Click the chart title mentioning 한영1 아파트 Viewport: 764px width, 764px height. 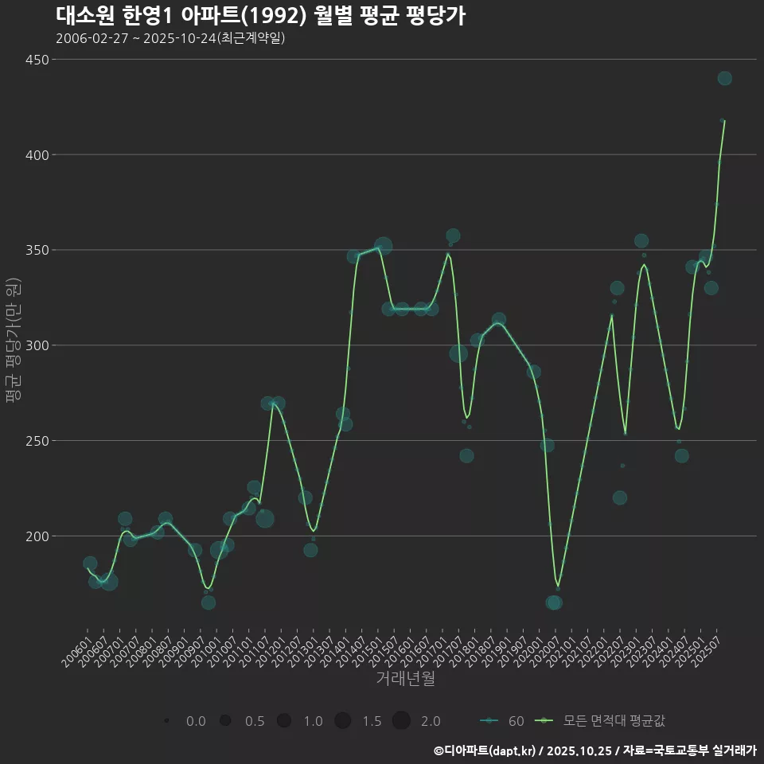tap(260, 15)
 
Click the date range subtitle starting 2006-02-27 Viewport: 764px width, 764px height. tap(170, 38)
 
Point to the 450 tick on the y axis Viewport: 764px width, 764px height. tap(36, 60)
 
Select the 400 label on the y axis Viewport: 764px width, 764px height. tap(36, 155)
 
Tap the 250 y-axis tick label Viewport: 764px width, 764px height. tap(36, 441)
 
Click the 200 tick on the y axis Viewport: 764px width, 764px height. tap(36, 536)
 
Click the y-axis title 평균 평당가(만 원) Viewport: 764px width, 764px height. tap(12, 342)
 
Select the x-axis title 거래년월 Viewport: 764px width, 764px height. tap(405, 679)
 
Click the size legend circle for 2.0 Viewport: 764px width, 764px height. tap(400, 721)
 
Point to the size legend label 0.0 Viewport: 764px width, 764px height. tap(196, 721)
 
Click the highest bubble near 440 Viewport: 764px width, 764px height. tap(724, 78)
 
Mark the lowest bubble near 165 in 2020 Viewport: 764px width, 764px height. tap(554, 602)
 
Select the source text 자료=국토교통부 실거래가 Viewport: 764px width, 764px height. tap(689, 750)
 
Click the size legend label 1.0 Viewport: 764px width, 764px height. tap(313, 721)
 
